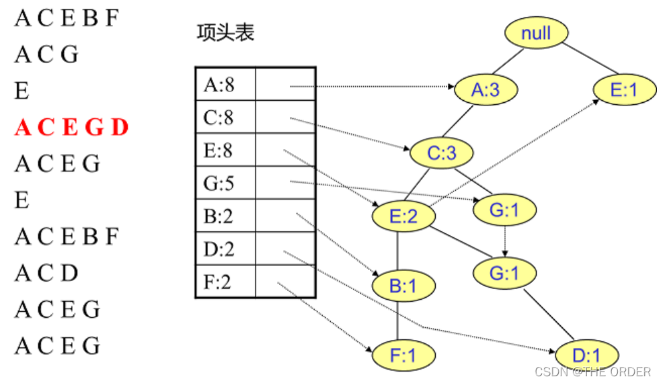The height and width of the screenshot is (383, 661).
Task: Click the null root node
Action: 536,33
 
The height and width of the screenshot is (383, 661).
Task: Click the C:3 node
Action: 441,153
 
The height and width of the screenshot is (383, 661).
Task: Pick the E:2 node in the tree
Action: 403,216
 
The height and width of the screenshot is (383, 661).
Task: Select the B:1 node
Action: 403,286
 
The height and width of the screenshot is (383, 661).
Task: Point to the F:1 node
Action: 403,355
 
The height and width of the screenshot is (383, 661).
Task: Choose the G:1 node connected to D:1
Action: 504,273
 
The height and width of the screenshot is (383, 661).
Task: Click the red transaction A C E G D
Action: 71,127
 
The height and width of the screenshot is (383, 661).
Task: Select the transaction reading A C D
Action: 46,273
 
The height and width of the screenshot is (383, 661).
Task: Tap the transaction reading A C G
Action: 46,54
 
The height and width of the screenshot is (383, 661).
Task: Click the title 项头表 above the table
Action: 225,33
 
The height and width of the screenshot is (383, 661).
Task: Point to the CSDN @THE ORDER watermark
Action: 592,372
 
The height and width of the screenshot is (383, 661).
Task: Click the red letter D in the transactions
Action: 120,127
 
